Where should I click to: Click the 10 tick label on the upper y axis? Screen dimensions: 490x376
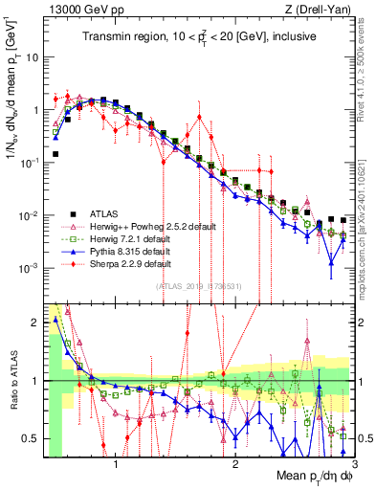click(x=32, y=56)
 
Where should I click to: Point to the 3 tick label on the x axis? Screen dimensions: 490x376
click(x=340, y=466)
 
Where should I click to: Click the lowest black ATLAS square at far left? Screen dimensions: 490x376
click(x=56, y=153)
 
